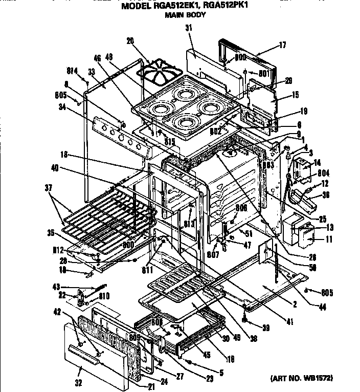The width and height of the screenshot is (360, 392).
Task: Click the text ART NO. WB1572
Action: pyautogui.click(x=301, y=378)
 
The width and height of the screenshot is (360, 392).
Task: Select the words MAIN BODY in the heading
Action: pyautogui.click(x=185, y=15)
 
